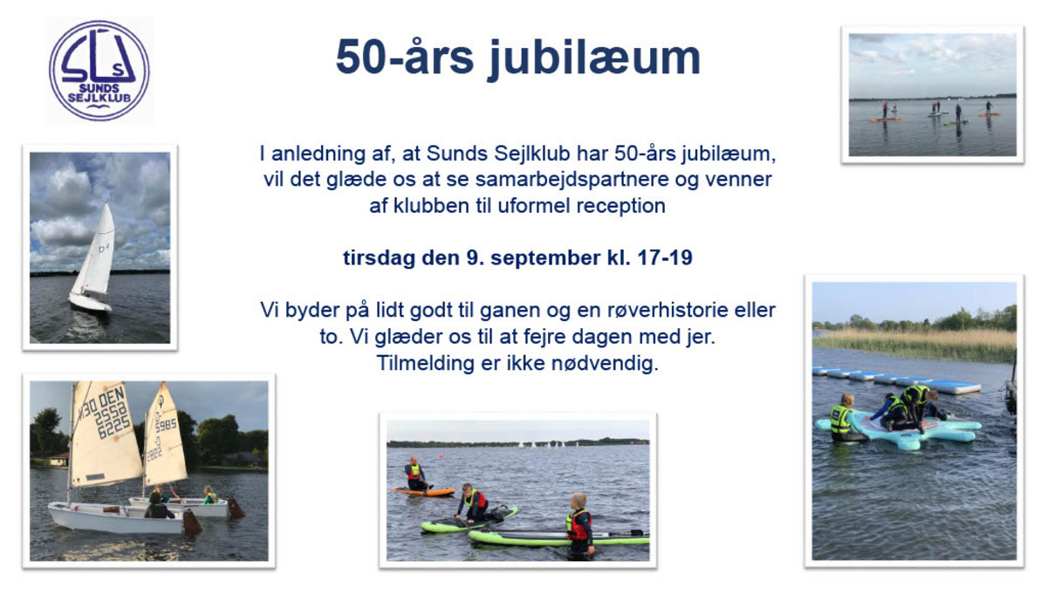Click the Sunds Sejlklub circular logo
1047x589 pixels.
click(x=99, y=71)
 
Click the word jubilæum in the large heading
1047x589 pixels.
click(x=594, y=58)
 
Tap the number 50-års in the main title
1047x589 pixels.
click(x=405, y=58)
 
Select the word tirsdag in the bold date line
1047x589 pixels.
click(x=379, y=258)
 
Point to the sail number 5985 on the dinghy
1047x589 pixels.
click(x=166, y=425)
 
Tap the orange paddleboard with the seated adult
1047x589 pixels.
click(x=424, y=491)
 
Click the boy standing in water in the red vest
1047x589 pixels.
click(x=579, y=526)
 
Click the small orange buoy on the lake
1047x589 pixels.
click(x=440, y=455)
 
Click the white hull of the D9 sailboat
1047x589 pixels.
click(x=90, y=302)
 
